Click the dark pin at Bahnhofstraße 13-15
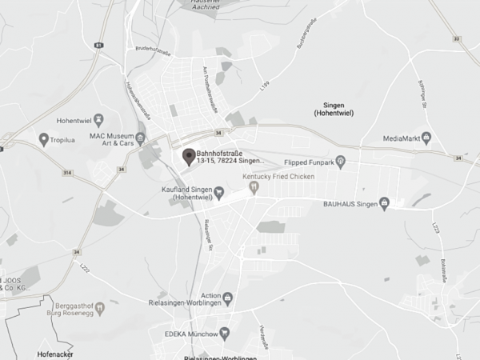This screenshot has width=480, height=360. click(189, 156)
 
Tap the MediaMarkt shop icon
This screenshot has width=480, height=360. click(426, 138)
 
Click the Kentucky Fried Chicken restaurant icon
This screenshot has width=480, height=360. click(254, 186)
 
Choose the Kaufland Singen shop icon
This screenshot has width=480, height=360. click(218, 192)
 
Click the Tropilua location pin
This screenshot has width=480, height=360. click(43, 139)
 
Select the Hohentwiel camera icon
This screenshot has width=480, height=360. click(98, 121)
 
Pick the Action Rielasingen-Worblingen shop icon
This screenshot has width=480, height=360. click(228, 299)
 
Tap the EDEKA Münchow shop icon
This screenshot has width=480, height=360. click(225, 332)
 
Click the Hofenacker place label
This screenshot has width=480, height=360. click(55, 351)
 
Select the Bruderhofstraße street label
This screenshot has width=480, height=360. click(154, 52)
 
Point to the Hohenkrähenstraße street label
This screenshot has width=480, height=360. click(138, 99)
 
